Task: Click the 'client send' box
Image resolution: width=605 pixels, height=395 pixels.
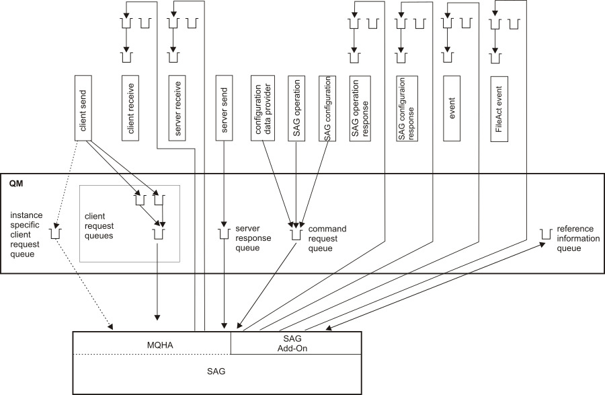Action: (83, 107)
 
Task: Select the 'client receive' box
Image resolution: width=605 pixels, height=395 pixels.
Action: (130, 107)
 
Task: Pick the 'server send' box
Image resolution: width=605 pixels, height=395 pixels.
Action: (225, 107)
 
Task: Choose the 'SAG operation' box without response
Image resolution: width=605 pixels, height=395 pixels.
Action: (297, 107)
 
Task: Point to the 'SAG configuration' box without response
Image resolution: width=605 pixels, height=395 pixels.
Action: (327, 107)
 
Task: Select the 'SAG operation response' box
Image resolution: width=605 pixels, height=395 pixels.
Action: (360, 107)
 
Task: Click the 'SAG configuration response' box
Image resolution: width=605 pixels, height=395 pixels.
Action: (407, 107)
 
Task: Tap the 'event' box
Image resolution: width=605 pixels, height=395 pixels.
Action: (452, 107)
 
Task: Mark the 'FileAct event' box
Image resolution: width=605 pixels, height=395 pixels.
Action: (498, 107)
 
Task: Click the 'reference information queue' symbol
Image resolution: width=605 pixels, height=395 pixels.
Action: (545, 234)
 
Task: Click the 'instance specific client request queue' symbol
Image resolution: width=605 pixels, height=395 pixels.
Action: (56, 234)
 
